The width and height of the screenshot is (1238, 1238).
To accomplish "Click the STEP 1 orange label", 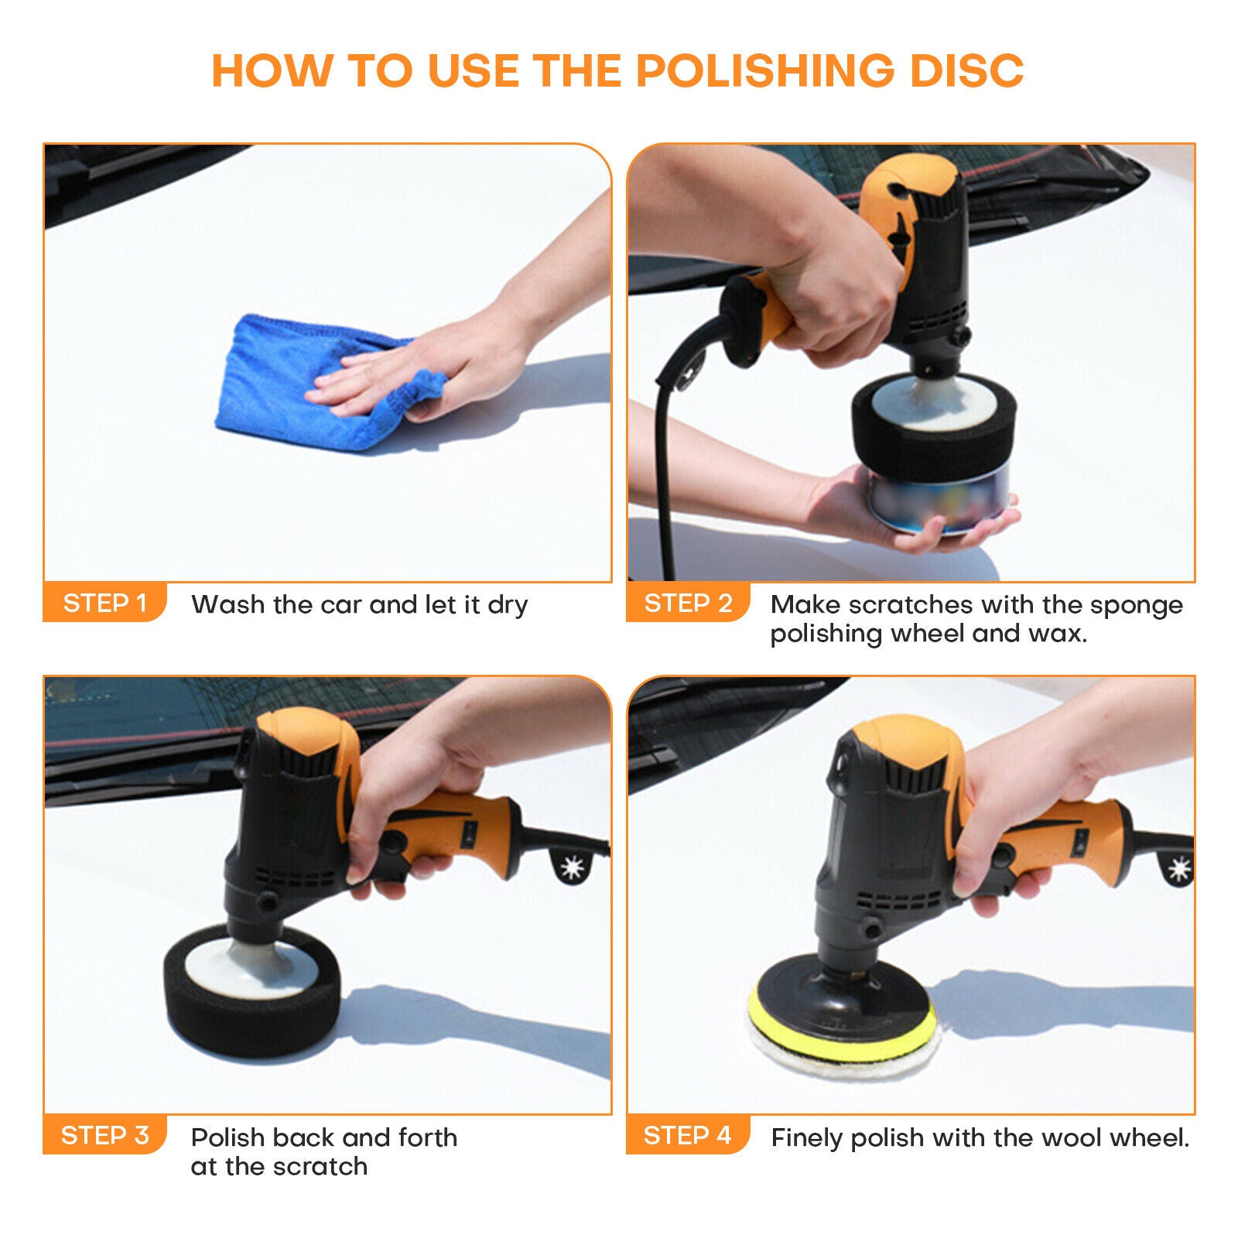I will [x=104, y=603].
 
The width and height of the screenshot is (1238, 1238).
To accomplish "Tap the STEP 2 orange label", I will [x=687, y=603].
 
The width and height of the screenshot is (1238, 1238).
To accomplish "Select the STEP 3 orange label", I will [x=104, y=1135].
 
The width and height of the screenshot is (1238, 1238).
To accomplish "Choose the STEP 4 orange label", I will [x=687, y=1135].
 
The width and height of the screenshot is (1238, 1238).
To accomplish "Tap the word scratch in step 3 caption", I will [x=324, y=1166].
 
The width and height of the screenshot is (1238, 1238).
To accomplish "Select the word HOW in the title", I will [x=271, y=70].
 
